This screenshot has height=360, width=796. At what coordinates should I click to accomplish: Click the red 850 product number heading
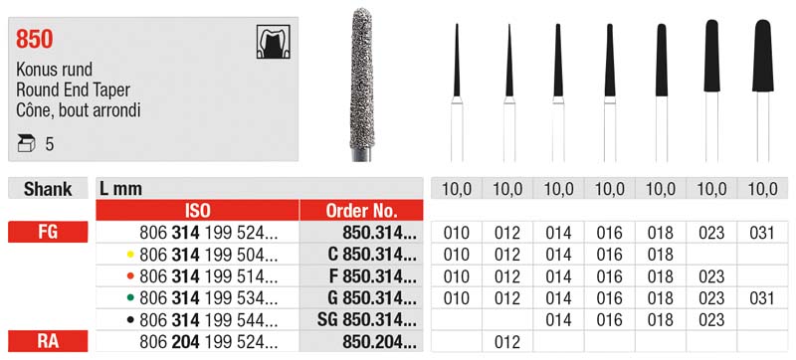tap(35, 39)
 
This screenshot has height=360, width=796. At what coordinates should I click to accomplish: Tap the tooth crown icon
tap(273, 42)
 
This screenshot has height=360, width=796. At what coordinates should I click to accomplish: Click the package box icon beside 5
tap(26, 144)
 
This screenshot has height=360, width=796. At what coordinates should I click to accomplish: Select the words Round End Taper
tap(73, 90)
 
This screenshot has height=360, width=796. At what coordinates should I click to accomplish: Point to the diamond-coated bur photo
tap(361, 84)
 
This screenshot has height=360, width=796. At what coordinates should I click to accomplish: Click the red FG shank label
tap(48, 233)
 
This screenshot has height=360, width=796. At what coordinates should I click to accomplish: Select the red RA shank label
tap(48, 341)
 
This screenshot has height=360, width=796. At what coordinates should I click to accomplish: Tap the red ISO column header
tap(197, 210)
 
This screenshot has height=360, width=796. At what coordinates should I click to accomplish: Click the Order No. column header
tap(361, 210)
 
